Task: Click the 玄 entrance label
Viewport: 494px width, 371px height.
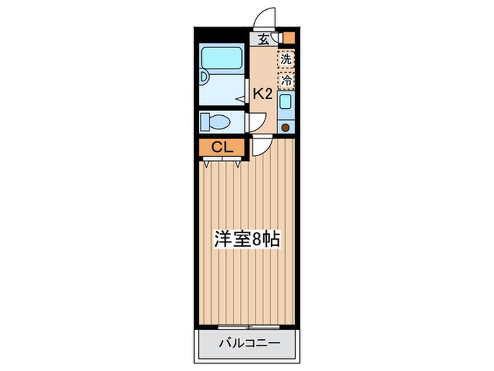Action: [x=263, y=40]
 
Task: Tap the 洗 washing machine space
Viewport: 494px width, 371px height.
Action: [x=286, y=59]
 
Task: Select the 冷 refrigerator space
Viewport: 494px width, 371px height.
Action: [x=286, y=81]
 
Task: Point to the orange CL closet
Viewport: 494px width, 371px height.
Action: [x=220, y=148]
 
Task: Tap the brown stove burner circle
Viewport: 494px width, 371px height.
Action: [x=286, y=128]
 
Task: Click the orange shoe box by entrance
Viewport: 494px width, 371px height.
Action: [x=288, y=38]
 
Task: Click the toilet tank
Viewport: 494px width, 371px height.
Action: [x=205, y=122]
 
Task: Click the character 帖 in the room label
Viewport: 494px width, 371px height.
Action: [x=272, y=239]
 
